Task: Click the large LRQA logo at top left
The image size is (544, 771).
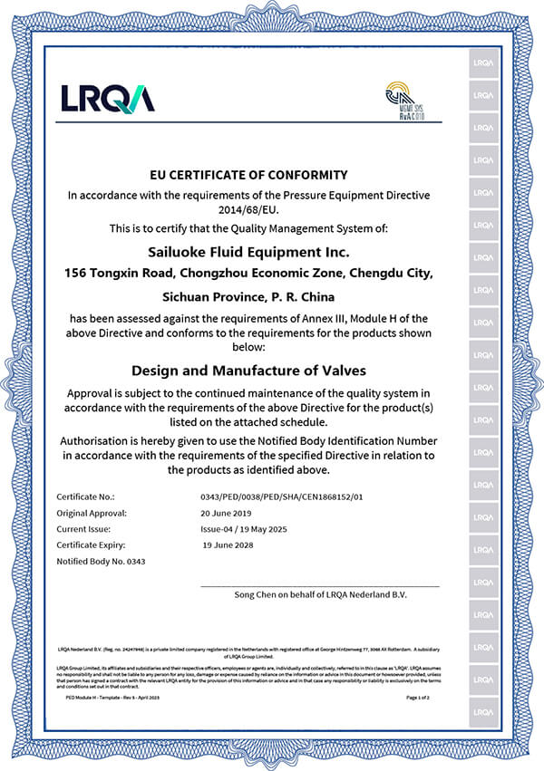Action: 107,97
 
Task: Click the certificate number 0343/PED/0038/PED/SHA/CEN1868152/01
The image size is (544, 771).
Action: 281,496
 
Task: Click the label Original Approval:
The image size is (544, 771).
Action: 92,513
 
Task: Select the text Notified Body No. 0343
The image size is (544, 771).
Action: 101,561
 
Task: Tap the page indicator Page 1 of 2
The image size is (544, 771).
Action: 423,698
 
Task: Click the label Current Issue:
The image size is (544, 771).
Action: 83,528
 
